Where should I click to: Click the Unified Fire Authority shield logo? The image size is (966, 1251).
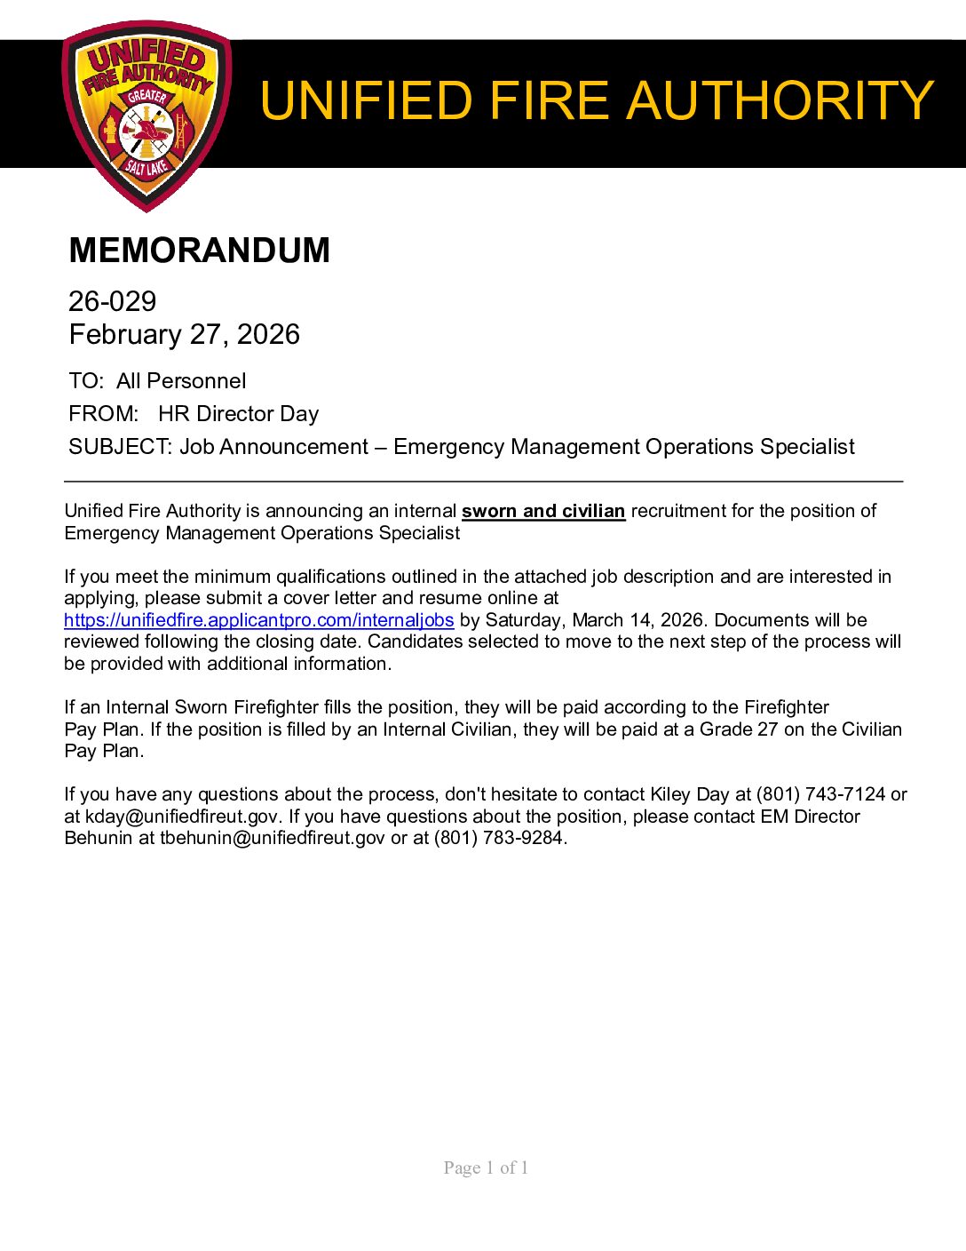pyautogui.click(x=146, y=116)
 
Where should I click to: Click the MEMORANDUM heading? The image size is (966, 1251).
pyautogui.click(x=199, y=251)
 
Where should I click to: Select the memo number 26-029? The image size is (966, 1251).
pyautogui.click(x=113, y=301)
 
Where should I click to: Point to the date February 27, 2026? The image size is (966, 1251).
pyautogui.click(x=185, y=334)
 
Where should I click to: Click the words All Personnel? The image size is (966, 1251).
pyautogui.click(x=181, y=381)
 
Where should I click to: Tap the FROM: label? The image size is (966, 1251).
pyautogui.click(x=103, y=414)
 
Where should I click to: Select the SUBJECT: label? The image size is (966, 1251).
pyautogui.click(x=120, y=447)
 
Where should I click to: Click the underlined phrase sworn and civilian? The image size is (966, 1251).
pyautogui.click(x=543, y=511)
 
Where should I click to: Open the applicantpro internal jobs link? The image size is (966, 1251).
pyautogui.click(x=258, y=620)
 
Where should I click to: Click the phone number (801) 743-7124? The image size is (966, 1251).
pyautogui.click(x=820, y=794)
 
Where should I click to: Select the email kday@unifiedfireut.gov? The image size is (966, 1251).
pyautogui.click(x=182, y=817)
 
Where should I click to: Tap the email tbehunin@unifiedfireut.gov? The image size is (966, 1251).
pyautogui.click(x=273, y=838)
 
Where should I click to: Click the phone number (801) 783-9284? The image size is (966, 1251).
pyautogui.click(x=498, y=838)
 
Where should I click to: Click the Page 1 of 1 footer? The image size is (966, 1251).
pyautogui.click(x=486, y=1167)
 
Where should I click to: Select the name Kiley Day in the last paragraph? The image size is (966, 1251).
pyautogui.click(x=689, y=794)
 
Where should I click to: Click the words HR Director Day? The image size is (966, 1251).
pyautogui.click(x=238, y=414)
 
